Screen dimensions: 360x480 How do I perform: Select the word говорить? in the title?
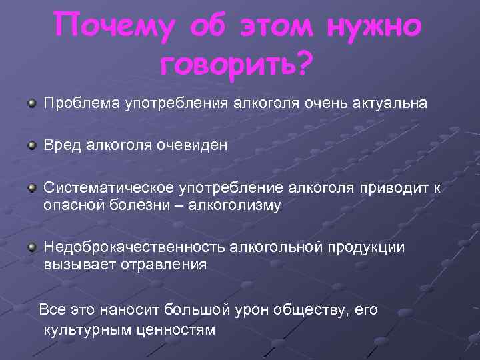point(237,64)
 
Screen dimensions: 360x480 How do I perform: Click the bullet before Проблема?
point(31,103)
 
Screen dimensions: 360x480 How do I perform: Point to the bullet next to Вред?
point(31,144)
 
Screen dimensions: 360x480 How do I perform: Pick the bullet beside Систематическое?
point(31,189)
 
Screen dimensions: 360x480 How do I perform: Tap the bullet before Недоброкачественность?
point(31,247)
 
